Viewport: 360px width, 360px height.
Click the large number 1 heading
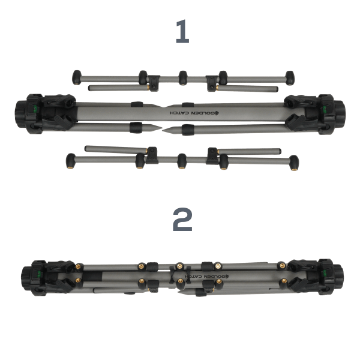pyautogui.click(x=182, y=31)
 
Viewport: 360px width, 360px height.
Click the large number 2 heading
pyautogui.click(x=182, y=219)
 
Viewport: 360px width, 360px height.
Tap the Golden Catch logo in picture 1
pyautogui.click(x=194, y=113)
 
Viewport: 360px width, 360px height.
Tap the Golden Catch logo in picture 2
pyautogui.click(x=206, y=277)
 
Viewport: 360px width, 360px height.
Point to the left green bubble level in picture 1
pyautogui.click(x=35, y=109)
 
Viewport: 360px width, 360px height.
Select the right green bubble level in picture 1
pyautogui.click(x=325, y=110)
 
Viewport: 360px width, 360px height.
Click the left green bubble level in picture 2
pyautogui.click(x=39, y=274)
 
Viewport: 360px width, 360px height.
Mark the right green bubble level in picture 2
pyautogui.click(x=325, y=273)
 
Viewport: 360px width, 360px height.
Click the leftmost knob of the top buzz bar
pyautogui.click(x=77, y=77)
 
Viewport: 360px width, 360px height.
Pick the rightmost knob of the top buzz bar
pyautogui.click(x=290, y=78)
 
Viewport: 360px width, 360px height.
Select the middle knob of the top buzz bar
pyautogui.click(x=183, y=78)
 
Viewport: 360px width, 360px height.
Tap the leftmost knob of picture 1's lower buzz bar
pyautogui.click(x=71, y=161)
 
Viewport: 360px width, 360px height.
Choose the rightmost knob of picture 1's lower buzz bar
pyautogui.click(x=294, y=163)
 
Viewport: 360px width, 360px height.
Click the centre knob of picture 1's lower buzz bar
pyautogui.click(x=182, y=161)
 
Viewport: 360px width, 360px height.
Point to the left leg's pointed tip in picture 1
pyautogui.click(x=161, y=128)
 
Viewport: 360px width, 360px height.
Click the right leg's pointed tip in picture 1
pyautogui.click(x=163, y=130)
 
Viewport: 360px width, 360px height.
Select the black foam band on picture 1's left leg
pyautogui.click(x=136, y=128)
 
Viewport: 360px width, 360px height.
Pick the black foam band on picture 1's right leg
pyautogui.click(x=188, y=130)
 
